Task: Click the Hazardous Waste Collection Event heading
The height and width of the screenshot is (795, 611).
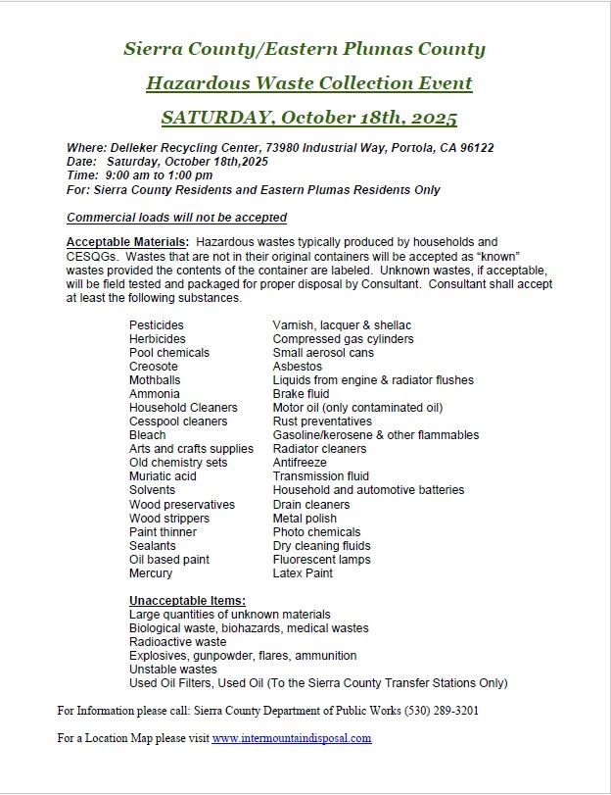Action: [x=308, y=82]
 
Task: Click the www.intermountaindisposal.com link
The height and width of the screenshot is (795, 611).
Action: [x=292, y=738]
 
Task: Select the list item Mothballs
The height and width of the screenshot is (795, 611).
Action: [x=155, y=380]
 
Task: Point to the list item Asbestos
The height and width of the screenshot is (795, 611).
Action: [x=298, y=367]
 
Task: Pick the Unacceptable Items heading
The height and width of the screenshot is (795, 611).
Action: [x=187, y=601]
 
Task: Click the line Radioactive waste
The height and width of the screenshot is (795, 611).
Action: [x=177, y=642]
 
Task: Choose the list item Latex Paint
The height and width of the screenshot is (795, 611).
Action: [x=303, y=573]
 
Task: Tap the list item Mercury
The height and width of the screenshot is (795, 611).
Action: [x=151, y=573]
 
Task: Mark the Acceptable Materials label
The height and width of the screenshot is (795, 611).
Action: [x=127, y=242]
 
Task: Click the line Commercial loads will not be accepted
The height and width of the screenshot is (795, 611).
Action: [x=176, y=218]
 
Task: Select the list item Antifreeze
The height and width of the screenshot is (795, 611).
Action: [x=301, y=463]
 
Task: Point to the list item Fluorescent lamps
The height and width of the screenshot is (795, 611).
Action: [x=321, y=560]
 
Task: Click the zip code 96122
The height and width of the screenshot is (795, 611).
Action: [x=476, y=148]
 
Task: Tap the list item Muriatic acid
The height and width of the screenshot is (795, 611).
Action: [x=163, y=476]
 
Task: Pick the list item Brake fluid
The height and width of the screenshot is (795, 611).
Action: [x=301, y=394]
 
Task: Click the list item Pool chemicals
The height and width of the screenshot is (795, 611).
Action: [x=169, y=353]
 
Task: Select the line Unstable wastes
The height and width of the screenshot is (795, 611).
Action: [x=173, y=670]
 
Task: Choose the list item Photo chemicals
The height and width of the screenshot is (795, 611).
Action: [x=317, y=532]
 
